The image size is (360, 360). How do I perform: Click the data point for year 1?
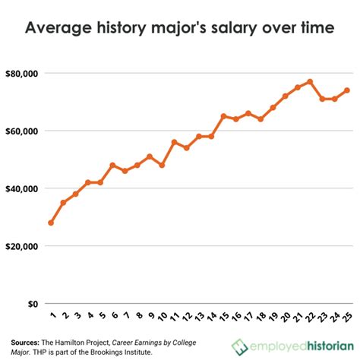click(51, 223)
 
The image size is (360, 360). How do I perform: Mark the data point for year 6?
click(112, 165)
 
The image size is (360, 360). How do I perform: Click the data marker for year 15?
click(223, 116)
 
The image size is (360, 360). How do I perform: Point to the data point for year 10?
click(161, 165)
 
